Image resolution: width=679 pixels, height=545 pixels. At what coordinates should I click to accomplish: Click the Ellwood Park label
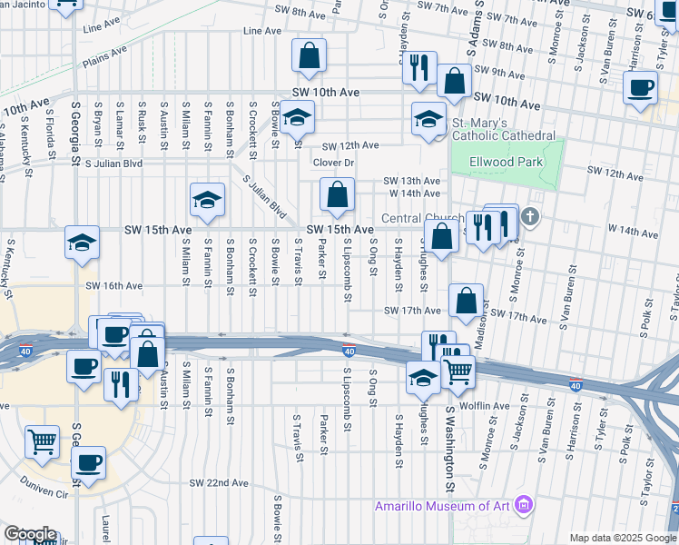coord(506,163)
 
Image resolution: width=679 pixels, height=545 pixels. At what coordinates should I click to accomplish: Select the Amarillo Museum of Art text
coord(442,505)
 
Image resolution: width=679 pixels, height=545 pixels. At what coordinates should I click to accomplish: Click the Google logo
coord(29,534)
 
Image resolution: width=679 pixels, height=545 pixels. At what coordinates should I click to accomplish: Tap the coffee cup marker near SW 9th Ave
coord(642,88)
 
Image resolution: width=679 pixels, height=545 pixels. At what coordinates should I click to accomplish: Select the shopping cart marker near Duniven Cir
coord(43,441)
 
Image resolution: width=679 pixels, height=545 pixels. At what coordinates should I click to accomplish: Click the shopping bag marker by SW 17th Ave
coord(466,300)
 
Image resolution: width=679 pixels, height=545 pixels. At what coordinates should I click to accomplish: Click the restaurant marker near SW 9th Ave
coord(418,66)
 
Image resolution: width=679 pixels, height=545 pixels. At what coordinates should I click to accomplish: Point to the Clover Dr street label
coord(332,163)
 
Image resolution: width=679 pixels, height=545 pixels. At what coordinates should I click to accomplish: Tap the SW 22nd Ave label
coord(219,483)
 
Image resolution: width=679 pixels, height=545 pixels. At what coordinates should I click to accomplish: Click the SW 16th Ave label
coord(114,285)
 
